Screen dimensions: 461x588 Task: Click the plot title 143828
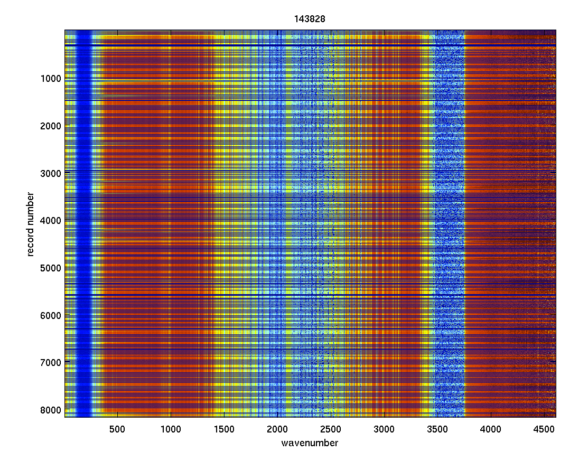click(310, 19)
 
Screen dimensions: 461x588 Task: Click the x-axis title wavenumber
click(310, 443)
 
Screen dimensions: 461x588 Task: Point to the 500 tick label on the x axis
click(117, 428)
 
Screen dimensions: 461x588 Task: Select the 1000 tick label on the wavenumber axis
click(170, 428)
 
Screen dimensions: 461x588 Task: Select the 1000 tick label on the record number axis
click(51, 79)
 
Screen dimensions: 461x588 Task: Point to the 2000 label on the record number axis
click(51, 126)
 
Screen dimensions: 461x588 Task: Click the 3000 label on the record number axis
click(51, 173)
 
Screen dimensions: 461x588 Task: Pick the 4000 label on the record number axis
click(51, 220)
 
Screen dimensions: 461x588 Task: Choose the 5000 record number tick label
click(51, 268)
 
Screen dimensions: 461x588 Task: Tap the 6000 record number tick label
click(51, 315)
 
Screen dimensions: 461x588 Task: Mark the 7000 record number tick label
click(51, 362)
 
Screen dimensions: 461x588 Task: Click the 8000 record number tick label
click(51, 410)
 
